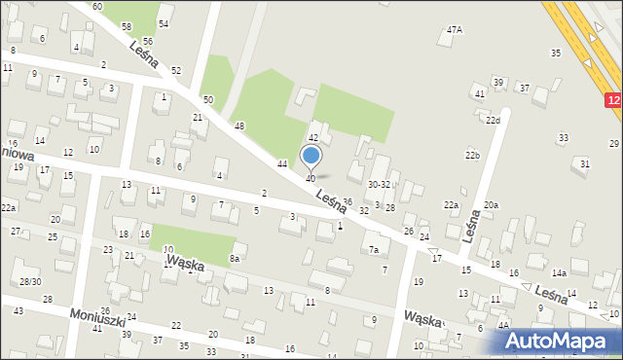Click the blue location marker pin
pos(311,156)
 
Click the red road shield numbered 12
pos(613,100)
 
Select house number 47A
pos(455,30)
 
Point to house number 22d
pos(494,121)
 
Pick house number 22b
pos(472,156)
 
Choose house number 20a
pos(491,204)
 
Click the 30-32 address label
pos(379,184)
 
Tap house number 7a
pos(373,250)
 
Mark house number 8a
pos(234,258)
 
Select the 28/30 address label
pos(29,281)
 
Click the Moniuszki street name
pos(97,319)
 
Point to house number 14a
pos(559,274)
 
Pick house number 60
pos(97,7)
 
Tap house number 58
pos(127,25)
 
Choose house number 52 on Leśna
pos(175,71)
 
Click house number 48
pos(238,126)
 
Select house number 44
pos(281,163)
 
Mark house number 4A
pos(502,327)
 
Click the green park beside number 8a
pos(195,243)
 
